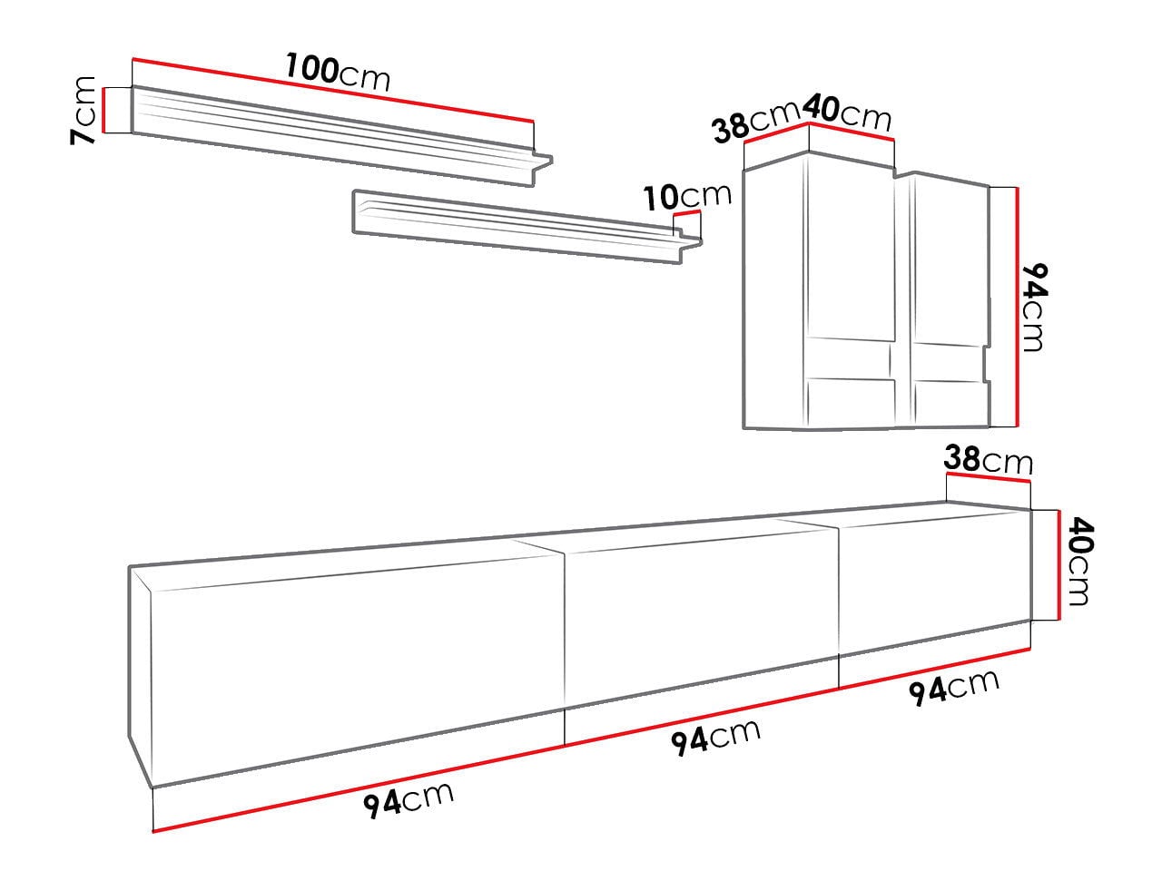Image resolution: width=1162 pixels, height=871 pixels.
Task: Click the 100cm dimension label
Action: click(x=338, y=72)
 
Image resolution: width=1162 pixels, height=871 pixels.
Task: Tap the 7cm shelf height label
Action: click(x=84, y=110)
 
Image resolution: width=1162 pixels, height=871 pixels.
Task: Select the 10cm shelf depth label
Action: click(x=688, y=196)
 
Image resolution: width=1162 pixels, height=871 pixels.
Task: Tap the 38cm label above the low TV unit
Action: click(x=988, y=459)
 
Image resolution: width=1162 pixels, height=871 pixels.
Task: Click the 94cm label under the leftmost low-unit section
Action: click(x=409, y=800)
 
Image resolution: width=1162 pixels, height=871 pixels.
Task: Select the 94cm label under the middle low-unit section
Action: click(x=715, y=737)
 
